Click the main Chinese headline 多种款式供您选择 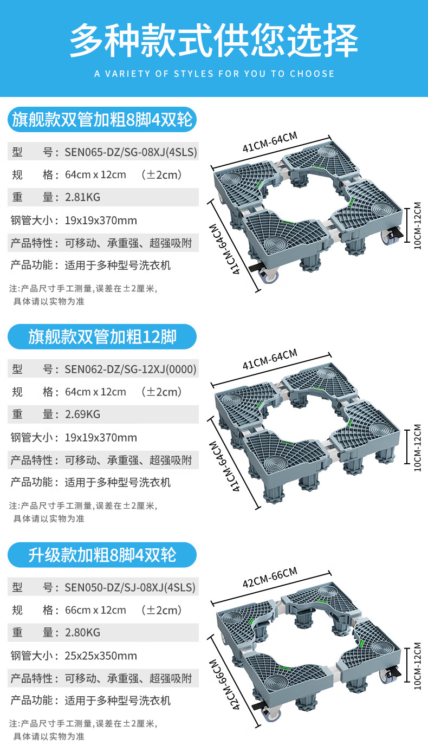214,41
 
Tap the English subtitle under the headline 214,74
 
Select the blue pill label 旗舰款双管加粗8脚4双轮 102,120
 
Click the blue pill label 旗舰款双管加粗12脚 102,337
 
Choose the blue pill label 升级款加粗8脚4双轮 102,555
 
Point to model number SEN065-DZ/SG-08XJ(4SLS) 131,152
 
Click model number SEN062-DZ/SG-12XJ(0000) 131,369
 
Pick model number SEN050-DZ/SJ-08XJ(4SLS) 130,587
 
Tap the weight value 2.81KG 82,197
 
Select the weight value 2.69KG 82,414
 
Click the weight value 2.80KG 82,632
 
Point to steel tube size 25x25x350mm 101,656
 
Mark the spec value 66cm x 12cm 96,610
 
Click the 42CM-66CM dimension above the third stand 270,578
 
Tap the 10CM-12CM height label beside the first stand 417,225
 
